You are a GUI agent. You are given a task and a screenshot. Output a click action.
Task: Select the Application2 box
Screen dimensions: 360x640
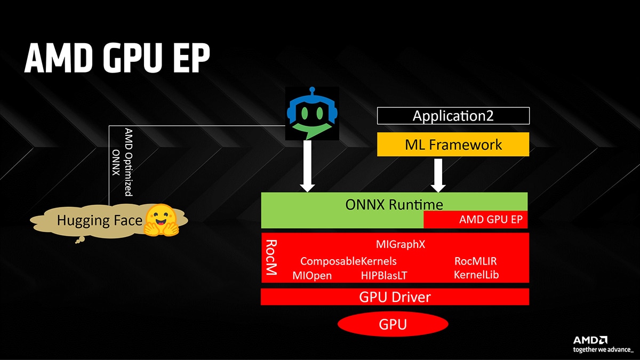point(453,116)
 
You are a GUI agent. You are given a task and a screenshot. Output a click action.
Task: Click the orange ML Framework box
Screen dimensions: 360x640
point(453,144)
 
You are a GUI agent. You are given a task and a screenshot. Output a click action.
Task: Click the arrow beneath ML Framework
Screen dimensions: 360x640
point(438,175)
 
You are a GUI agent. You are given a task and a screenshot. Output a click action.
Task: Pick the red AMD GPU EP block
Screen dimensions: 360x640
point(475,219)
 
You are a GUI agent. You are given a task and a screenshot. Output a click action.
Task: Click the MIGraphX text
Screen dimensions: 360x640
point(401,245)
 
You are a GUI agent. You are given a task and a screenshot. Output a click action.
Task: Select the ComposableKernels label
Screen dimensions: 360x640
point(348,261)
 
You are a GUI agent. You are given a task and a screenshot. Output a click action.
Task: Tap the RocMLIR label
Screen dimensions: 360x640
point(476,261)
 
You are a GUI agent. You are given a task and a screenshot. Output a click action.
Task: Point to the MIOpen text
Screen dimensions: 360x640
point(312,275)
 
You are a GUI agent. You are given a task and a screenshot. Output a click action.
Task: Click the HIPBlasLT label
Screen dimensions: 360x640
point(385,275)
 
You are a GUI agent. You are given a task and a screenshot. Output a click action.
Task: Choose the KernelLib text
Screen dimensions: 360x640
point(476,275)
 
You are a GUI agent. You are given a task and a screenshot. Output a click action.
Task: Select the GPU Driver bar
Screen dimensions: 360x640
point(395,297)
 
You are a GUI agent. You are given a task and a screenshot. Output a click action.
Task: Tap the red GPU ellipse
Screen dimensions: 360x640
point(393,324)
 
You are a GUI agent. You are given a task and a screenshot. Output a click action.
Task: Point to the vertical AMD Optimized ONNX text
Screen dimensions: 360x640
point(123,162)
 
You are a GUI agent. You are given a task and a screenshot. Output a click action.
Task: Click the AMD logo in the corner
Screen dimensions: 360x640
point(590,340)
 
